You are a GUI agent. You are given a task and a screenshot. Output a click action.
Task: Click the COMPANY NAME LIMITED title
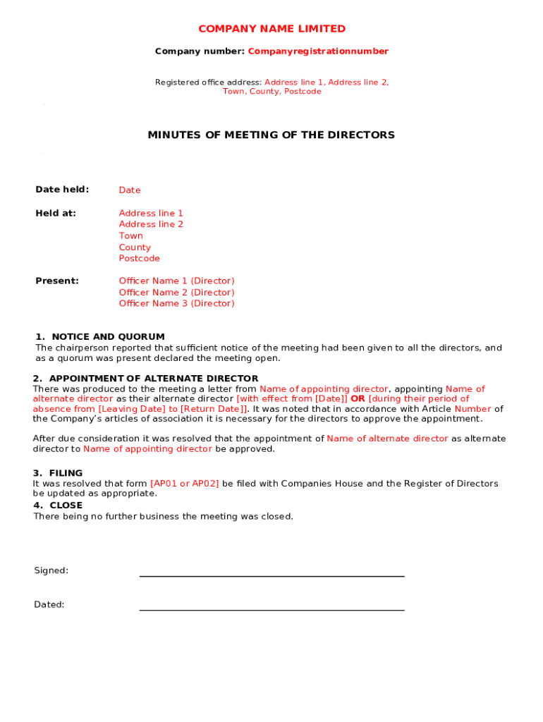(271, 29)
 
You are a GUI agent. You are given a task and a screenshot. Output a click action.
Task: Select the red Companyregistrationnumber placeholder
(318, 51)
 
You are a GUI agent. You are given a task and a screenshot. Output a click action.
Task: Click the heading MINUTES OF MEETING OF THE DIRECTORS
(271, 135)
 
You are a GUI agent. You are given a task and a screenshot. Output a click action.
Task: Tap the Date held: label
(62, 190)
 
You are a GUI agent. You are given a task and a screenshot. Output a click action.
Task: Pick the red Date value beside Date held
(130, 190)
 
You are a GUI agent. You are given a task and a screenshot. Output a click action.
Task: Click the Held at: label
(56, 213)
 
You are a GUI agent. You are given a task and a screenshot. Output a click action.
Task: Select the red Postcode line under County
(139, 259)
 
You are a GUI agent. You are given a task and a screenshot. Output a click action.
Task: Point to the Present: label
(57, 281)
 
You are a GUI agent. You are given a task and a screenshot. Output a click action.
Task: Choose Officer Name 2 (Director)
(176, 293)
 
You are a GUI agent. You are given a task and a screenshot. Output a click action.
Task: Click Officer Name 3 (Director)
(176, 304)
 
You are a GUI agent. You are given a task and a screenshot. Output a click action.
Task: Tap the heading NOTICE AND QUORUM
(108, 337)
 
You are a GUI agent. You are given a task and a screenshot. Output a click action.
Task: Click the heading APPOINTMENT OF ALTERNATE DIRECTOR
(153, 379)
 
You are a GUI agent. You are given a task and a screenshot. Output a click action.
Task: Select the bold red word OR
(358, 399)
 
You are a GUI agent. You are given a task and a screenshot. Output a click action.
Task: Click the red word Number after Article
(472, 409)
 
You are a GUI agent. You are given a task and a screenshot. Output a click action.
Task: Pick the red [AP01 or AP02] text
(185, 484)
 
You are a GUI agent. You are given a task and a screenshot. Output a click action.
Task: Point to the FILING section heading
(66, 473)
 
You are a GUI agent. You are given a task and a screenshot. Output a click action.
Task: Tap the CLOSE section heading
(66, 506)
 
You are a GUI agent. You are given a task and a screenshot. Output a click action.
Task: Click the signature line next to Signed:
(271, 575)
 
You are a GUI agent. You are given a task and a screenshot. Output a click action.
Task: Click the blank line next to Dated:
(271, 609)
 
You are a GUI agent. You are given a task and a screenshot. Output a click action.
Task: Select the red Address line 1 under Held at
(151, 213)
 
